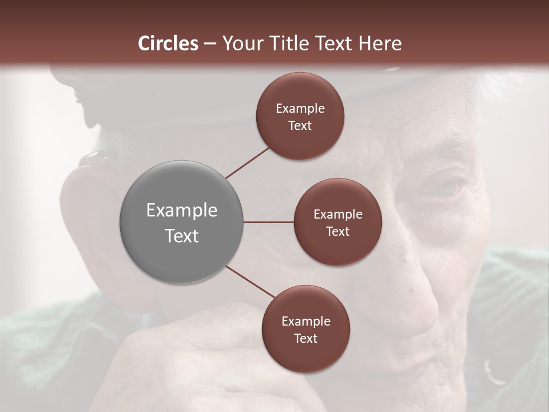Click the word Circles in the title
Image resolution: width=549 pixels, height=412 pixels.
coord(168,43)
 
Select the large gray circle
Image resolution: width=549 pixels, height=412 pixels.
coord(182,222)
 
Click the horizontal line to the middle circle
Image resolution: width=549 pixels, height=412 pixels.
coord(269,222)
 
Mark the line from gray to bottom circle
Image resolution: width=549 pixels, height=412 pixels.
coord(250,283)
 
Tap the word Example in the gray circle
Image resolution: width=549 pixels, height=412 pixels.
coord(182,211)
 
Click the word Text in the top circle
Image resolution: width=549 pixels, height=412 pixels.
coord(300,126)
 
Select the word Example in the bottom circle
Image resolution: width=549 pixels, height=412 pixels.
coord(305,322)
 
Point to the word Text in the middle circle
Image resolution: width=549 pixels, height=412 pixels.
coord(337,232)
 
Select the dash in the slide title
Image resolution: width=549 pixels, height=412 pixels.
coord(210,43)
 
